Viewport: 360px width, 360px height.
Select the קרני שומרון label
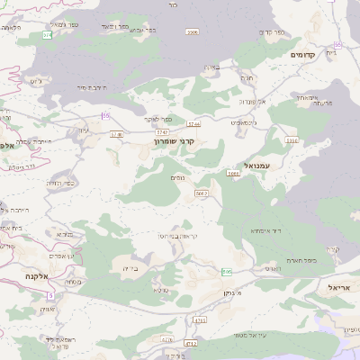click(174, 141)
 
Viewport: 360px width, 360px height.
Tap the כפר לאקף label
click(158, 118)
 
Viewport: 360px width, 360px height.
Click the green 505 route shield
click(227, 271)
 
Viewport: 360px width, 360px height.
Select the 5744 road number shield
click(193, 122)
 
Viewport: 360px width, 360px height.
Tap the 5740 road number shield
click(115, 135)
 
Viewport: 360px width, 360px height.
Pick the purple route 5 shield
click(50, 294)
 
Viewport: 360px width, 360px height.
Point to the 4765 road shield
click(200, 320)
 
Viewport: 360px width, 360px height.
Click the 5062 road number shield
click(202, 193)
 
